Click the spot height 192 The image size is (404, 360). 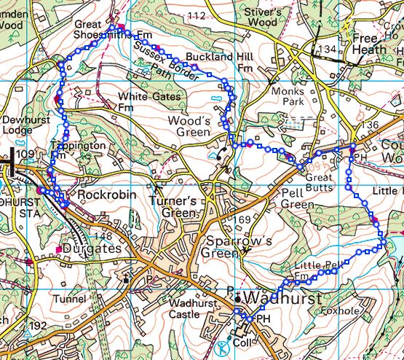[39, 325]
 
